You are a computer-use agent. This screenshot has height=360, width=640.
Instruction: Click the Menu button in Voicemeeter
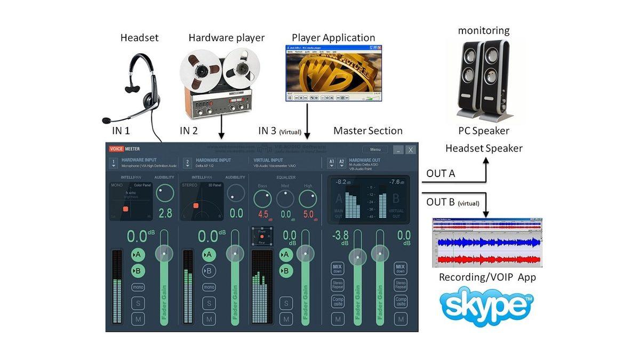click(x=375, y=150)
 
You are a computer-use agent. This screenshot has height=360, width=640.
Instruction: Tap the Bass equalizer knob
click(x=262, y=199)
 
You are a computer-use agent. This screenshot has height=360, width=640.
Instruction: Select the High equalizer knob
click(x=307, y=199)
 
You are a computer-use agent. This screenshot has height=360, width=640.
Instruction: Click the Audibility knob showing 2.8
click(x=165, y=194)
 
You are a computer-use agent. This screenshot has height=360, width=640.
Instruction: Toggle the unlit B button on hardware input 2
click(x=209, y=271)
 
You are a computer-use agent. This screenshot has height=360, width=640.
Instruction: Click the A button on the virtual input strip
click(x=286, y=255)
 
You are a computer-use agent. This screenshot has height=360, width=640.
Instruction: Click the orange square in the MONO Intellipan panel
click(x=126, y=209)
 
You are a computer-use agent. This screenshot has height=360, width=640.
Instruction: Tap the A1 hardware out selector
click(x=331, y=162)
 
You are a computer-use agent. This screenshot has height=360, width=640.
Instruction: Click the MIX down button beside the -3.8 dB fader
click(x=337, y=268)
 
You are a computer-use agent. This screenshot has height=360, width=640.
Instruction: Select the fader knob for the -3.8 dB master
click(x=357, y=257)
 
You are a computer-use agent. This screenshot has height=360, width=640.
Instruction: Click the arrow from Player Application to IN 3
click(x=308, y=123)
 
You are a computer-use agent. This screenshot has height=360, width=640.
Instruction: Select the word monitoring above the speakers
click(x=484, y=31)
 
